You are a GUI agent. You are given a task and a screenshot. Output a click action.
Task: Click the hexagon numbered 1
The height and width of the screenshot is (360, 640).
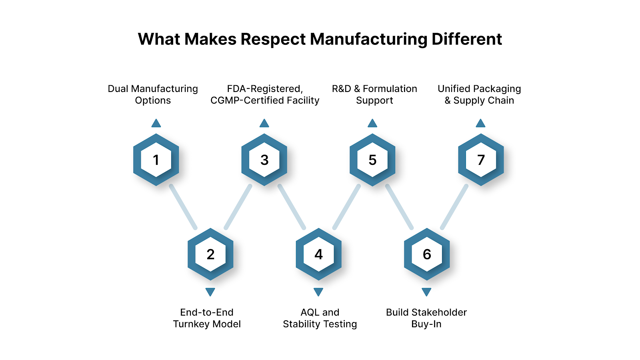156,160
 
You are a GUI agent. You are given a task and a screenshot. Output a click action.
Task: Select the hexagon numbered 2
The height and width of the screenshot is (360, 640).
210,254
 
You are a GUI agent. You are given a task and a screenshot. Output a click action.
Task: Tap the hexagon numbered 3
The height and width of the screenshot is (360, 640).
264,160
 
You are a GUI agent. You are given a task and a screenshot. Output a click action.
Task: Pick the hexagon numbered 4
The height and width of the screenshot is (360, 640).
318,254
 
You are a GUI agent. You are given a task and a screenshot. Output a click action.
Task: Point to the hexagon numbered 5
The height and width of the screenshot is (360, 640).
372,160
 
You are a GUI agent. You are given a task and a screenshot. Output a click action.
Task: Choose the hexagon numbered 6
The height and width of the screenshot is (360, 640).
427,254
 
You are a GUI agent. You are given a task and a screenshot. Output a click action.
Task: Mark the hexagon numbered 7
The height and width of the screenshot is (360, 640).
481,160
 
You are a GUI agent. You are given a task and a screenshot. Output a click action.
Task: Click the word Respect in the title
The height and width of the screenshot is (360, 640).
273,40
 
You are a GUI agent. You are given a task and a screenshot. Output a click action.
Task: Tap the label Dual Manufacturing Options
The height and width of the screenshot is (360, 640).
153,94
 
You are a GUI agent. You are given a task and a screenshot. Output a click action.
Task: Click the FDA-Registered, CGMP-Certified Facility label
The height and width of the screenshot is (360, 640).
265,94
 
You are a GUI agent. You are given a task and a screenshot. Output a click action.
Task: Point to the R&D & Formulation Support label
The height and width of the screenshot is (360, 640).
374,94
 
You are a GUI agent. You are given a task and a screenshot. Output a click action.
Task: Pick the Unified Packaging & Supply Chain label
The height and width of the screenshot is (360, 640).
479,94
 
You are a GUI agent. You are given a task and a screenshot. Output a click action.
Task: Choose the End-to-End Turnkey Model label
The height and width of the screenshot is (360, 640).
207,318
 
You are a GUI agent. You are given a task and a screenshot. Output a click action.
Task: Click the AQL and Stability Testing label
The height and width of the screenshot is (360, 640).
320,318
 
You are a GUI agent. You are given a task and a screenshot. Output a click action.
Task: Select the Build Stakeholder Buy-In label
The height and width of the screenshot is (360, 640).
426,318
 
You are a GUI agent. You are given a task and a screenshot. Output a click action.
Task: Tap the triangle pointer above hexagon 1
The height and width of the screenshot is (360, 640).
156,123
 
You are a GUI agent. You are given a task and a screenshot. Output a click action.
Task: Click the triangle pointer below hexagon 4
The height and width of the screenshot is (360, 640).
318,292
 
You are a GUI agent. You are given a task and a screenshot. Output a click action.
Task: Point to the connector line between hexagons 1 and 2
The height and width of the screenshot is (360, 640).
183,207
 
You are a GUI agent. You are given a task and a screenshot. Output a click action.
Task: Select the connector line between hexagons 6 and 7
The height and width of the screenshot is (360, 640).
454,207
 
